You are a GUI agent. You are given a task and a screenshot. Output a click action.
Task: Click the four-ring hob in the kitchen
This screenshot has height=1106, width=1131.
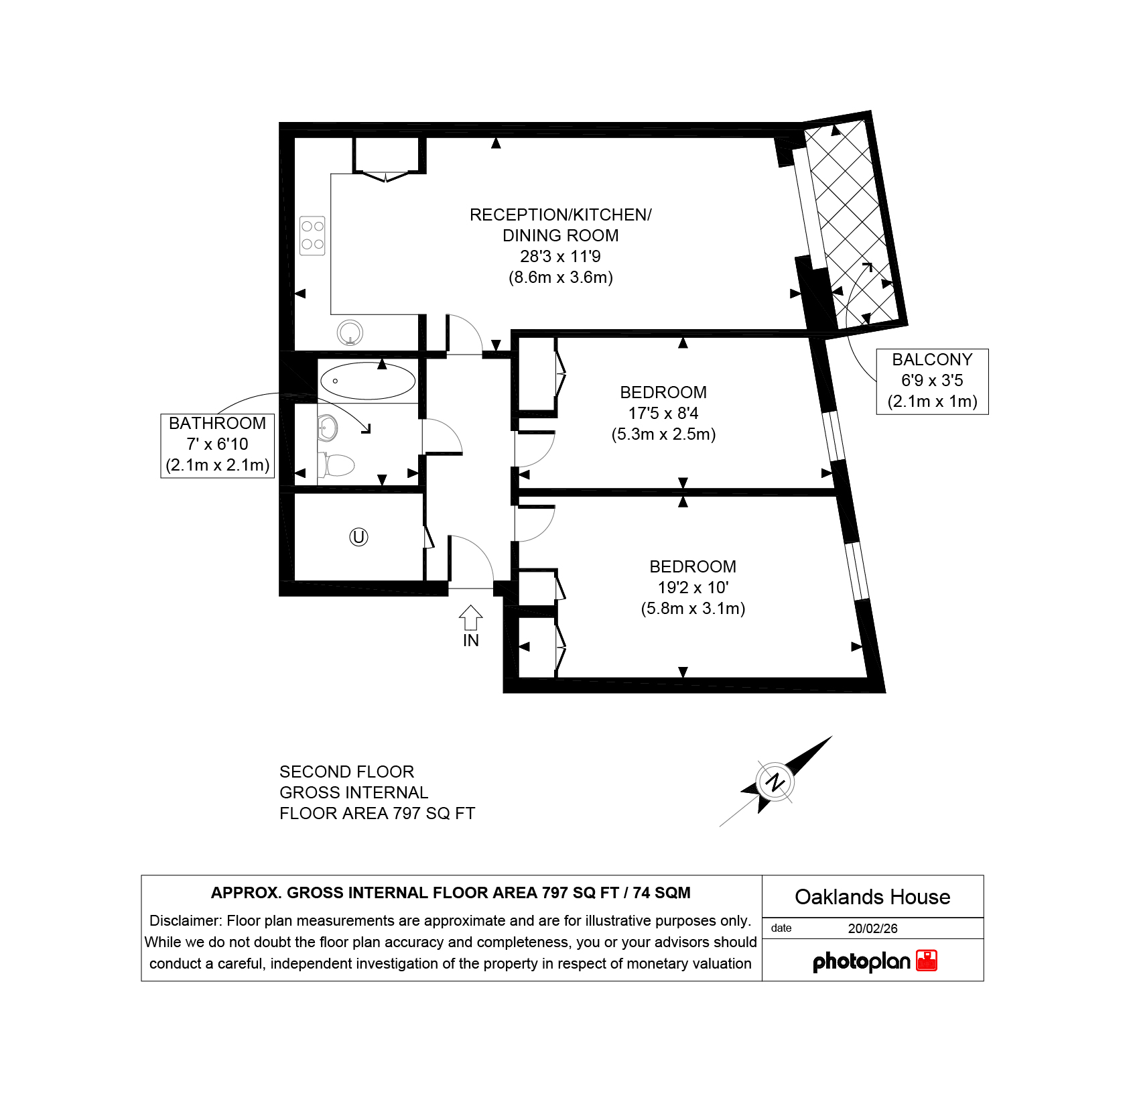click(312, 235)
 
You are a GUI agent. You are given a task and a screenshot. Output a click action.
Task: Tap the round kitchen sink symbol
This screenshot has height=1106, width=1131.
click(350, 332)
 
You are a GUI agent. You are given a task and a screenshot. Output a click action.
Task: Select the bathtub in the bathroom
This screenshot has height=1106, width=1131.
click(368, 381)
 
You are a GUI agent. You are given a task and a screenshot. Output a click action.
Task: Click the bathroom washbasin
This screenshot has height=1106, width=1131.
click(327, 428)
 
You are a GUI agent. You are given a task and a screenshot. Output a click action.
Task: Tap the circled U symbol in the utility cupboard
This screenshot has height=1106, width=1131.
click(358, 537)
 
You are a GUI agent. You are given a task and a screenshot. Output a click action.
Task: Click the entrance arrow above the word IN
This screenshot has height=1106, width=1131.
click(470, 617)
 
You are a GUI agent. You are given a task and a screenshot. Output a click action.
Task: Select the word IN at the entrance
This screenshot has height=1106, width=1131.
click(470, 641)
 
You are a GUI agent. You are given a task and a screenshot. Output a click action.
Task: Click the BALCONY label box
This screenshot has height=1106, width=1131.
click(932, 381)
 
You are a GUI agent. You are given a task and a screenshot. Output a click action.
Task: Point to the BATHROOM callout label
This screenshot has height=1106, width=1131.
click(218, 445)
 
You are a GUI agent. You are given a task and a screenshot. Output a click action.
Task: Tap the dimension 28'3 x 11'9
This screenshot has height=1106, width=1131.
click(560, 257)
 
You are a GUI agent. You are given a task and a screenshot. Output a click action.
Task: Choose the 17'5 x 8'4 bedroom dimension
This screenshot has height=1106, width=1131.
click(663, 414)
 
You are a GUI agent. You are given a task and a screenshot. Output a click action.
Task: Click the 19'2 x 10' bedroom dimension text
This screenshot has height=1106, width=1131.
click(693, 588)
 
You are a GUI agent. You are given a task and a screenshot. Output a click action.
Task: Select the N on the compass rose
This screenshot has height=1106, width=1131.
click(775, 782)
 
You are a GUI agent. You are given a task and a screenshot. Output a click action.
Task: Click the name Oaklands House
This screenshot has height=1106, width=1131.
click(872, 897)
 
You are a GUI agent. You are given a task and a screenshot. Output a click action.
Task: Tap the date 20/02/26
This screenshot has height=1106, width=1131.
click(872, 928)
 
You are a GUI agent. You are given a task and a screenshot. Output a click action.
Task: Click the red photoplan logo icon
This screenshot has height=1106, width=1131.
click(927, 961)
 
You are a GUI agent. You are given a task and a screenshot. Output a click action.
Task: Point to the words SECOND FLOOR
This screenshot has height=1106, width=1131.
click(346, 772)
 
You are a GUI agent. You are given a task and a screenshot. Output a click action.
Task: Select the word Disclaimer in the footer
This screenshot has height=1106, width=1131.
click(185, 921)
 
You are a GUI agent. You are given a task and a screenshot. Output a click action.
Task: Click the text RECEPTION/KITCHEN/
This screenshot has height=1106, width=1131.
click(560, 215)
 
